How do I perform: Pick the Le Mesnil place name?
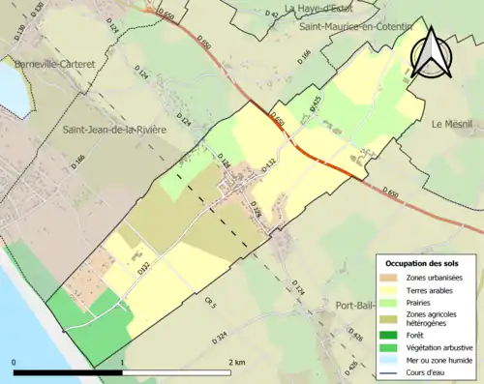pyautogui.click(x=450, y=124)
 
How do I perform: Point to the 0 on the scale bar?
pyautogui.click(x=14, y=362)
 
